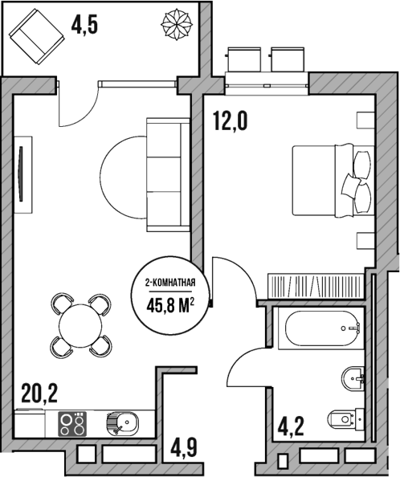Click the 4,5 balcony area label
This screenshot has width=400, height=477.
click(x=85, y=25)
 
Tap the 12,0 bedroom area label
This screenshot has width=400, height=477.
click(x=230, y=121)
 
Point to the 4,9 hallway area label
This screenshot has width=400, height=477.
click(x=183, y=445)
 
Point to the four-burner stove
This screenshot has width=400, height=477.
click(x=72, y=422)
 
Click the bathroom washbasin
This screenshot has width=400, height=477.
click(x=354, y=377)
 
